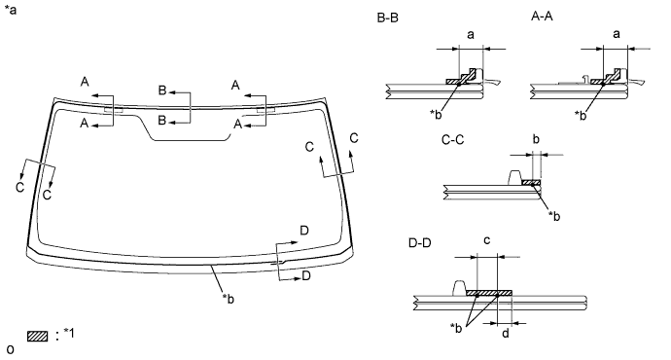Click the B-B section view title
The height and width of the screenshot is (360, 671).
click(x=388, y=18)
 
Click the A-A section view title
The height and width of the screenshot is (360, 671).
click(x=542, y=17)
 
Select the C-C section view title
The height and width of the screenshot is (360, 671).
click(x=453, y=140)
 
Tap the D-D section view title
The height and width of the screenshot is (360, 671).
click(x=420, y=243)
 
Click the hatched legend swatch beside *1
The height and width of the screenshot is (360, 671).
click(x=38, y=336)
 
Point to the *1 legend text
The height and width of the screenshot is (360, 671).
click(x=69, y=333)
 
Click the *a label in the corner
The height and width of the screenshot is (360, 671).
click(x=11, y=10)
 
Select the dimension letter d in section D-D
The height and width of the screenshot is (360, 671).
click(x=506, y=333)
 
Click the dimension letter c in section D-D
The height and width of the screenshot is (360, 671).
click(x=486, y=240)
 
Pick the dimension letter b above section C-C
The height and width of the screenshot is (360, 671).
click(x=536, y=139)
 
